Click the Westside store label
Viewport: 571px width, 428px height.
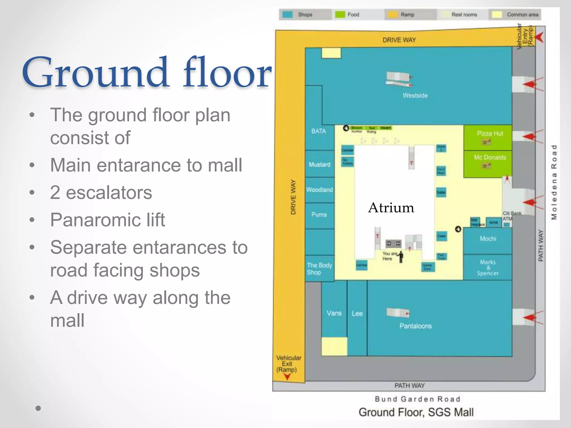click(x=415, y=96)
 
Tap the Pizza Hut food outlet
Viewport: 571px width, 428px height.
click(x=490, y=134)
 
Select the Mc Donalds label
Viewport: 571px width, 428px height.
click(x=490, y=157)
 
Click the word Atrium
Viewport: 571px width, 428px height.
click(x=391, y=208)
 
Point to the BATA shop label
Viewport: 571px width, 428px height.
click(x=318, y=131)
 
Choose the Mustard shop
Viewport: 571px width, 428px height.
click(x=319, y=165)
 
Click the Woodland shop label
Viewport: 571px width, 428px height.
click(x=319, y=190)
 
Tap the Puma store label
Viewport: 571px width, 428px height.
click(x=319, y=215)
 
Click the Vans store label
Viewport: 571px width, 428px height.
click(x=334, y=313)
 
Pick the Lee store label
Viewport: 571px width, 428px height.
click(x=357, y=314)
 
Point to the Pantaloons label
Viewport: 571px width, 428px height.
click(x=415, y=326)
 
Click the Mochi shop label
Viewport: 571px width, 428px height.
click(x=488, y=239)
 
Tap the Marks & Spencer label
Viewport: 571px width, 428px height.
click(x=488, y=268)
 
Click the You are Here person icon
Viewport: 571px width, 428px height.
click(x=401, y=257)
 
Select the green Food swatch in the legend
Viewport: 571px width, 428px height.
click(x=340, y=14)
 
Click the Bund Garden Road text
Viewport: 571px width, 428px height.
click(x=417, y=399)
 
